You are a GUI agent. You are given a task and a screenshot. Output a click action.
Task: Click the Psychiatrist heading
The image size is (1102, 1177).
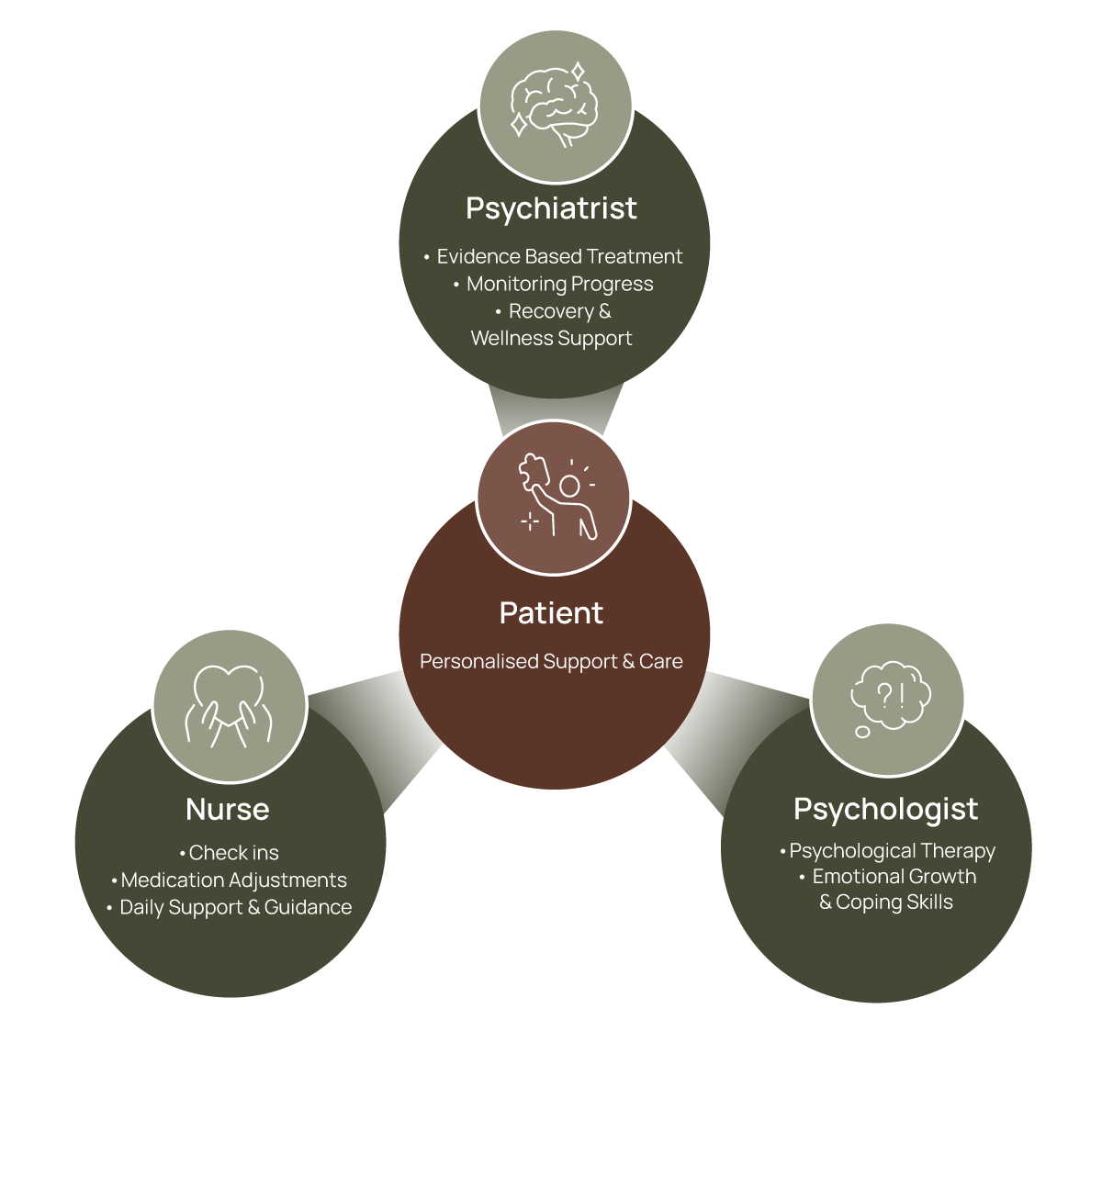551,208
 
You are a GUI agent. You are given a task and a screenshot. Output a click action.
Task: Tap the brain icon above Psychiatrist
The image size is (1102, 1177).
555,105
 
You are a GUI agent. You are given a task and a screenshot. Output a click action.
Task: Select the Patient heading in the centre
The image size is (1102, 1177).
551,613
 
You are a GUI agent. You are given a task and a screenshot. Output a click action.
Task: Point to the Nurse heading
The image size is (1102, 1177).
227,810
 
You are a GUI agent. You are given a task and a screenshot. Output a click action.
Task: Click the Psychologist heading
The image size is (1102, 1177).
885,809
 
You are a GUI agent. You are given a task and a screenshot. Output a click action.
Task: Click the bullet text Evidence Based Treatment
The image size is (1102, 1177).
559,257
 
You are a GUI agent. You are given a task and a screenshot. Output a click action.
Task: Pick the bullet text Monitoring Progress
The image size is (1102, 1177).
559,285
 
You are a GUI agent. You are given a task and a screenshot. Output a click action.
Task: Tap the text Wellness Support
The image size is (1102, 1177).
551,339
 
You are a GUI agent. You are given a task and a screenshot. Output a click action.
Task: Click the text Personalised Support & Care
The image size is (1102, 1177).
551,662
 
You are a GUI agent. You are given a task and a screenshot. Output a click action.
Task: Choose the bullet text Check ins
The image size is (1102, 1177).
233,853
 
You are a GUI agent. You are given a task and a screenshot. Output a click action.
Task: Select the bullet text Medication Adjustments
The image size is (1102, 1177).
233,880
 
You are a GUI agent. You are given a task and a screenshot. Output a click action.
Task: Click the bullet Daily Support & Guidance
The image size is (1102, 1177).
235,908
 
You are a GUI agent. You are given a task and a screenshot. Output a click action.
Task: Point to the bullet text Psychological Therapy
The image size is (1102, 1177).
892,852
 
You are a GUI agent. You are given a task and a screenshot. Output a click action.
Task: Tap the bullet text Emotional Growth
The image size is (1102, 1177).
894,877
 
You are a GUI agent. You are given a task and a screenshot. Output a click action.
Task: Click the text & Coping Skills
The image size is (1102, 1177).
886,902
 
